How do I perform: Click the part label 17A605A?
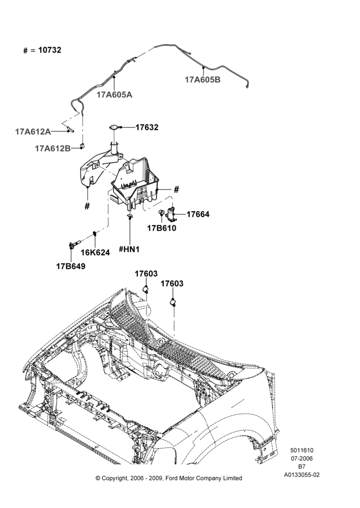114,95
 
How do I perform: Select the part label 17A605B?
203,80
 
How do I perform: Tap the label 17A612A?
33,132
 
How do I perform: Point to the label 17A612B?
53,148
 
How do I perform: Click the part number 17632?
147,128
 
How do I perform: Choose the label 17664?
198,214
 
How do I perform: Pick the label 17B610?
162,228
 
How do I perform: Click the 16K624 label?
96,252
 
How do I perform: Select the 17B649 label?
71,266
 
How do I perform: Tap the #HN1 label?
129,249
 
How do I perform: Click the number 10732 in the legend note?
50,50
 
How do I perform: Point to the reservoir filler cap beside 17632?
114,128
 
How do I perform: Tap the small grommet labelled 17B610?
161,212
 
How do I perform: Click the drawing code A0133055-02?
302,475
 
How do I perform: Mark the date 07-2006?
302,458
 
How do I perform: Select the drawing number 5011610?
302,450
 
